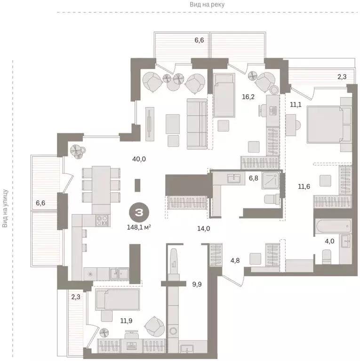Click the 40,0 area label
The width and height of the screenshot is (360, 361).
(139, 159)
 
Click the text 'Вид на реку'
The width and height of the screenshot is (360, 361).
(207, 4)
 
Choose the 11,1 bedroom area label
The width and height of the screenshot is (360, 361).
(296, 104)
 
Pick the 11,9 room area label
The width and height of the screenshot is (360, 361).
(126, 321)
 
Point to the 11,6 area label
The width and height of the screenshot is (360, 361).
(304, 186)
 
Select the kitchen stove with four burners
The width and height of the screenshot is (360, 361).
(102, 220)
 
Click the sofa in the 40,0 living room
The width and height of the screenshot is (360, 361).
(197, 124)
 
